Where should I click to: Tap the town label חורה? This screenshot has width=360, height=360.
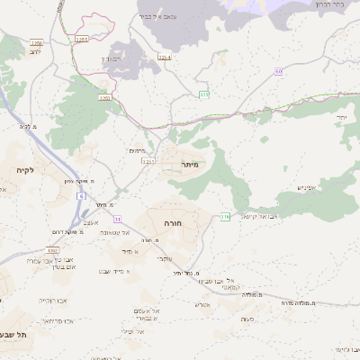pos(173,220)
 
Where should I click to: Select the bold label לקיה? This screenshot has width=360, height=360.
pos(24,169)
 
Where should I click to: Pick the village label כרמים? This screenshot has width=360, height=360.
pos(137,150)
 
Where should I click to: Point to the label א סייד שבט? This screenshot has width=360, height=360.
pos(119,271)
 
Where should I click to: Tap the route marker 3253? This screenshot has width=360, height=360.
pos(82,39)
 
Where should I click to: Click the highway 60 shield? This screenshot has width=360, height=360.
pos(280,70)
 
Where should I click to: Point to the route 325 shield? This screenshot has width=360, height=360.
pos(204,94)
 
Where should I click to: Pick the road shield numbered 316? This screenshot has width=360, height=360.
pos(225,216)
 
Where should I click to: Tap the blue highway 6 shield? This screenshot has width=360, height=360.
pos(82,195)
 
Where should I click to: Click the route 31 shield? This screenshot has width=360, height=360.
pos(116,219)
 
